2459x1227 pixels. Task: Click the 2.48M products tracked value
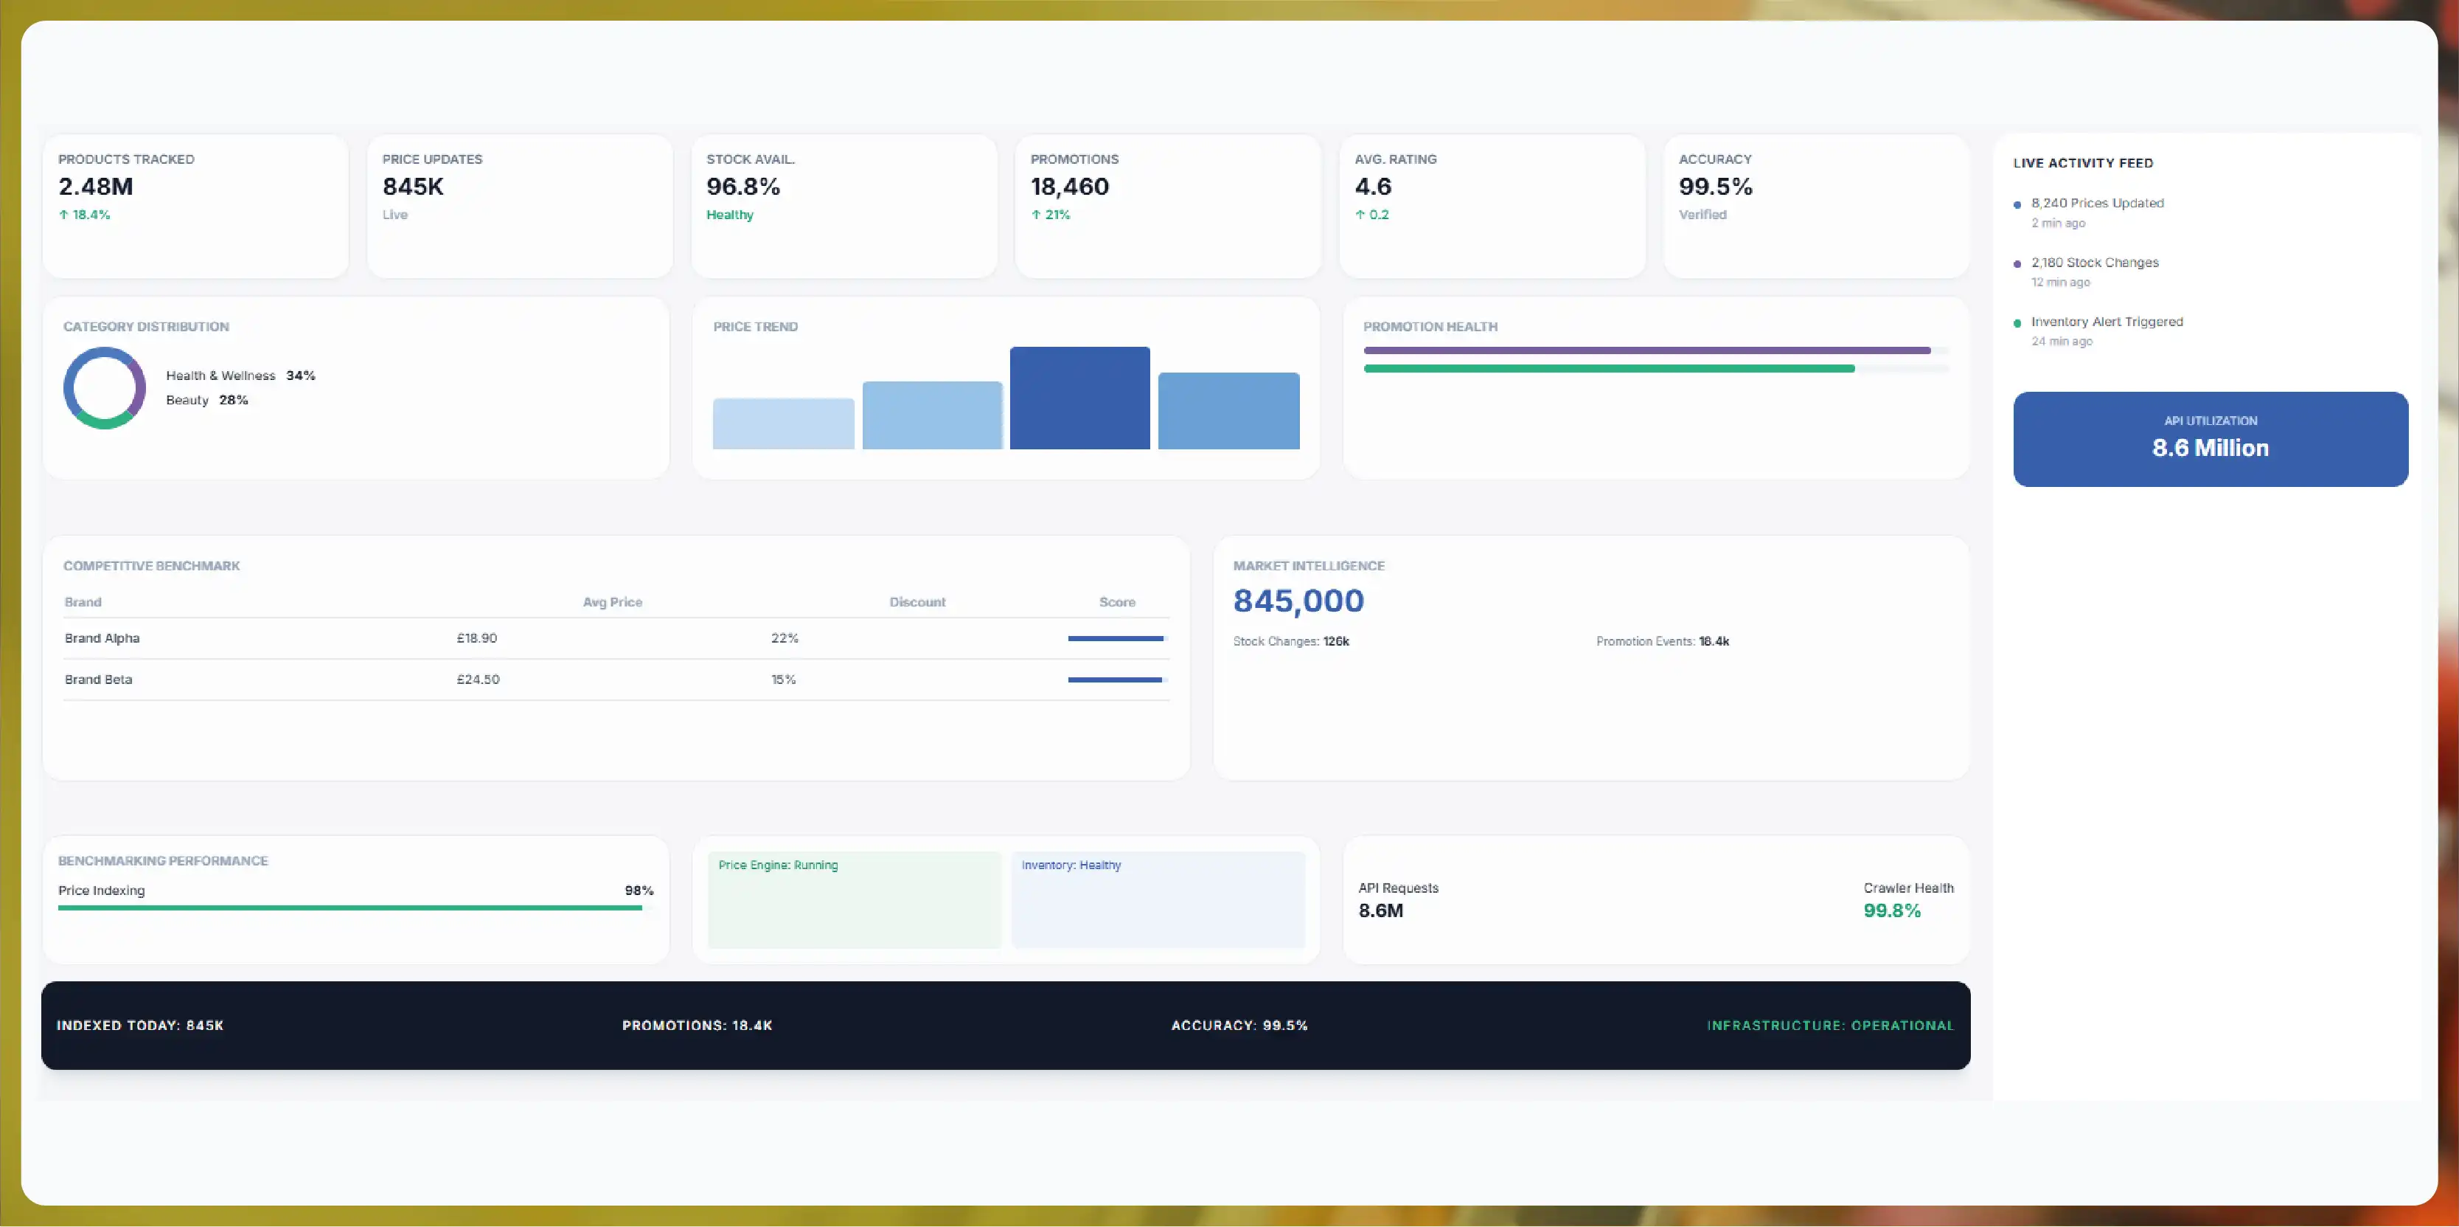95,186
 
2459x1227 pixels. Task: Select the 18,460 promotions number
1070,186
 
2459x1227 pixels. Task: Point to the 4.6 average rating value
1374,186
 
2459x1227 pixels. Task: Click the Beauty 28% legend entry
207,400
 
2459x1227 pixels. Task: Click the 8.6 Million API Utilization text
2211,448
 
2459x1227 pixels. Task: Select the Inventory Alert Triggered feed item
2107,322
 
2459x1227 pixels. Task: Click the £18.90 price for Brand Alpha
476,638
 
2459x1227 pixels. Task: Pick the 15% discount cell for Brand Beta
784,680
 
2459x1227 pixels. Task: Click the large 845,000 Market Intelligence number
1298,601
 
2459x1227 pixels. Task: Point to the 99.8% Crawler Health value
1892,911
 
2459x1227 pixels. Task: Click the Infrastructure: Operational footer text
1830,1026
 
